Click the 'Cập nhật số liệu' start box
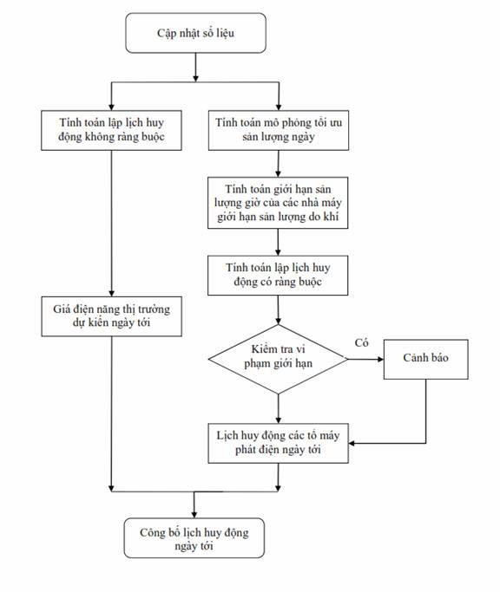tap(195, 33)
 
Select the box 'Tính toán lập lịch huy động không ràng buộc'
tap(111, 130)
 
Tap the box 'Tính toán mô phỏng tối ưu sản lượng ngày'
tap(279, 130)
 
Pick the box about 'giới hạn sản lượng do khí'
tap(278, 203)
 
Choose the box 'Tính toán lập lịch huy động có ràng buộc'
tap(278, 276)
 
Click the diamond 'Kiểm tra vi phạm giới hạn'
tap(278, 359)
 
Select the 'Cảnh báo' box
tap(426, 359)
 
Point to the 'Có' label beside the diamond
tap(362, 343)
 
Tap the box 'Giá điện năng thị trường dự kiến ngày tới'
tap(112, 316)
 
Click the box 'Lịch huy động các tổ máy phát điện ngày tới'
tap(278, 443)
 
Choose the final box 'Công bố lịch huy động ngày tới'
tap(194, 538)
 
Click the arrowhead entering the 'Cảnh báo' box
tap(380, 359)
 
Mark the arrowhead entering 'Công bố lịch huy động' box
tap(194, 515)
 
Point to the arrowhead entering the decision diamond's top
tap(279, 322)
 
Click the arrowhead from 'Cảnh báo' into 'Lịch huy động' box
tap(352, 443)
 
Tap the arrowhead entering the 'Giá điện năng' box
tap(112, 293)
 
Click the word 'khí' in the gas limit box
tap(331, 217)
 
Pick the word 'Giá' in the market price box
tap(62, 309)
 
